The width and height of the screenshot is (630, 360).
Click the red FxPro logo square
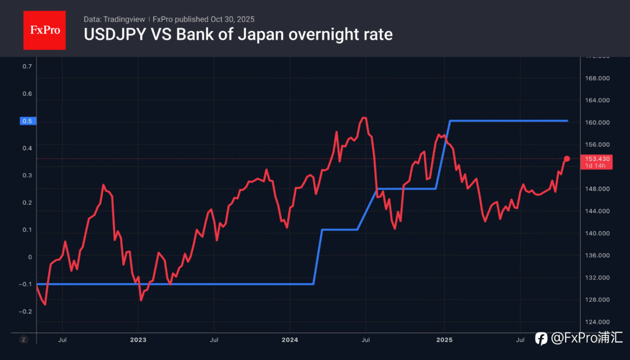(44, 30)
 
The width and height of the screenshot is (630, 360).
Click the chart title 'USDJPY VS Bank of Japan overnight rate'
(238, 35)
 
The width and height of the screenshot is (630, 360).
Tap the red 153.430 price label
(597, 159)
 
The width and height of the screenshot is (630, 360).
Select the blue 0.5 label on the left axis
(28, 121)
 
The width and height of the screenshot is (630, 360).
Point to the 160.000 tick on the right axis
(597, 122)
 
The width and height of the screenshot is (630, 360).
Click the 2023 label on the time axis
(138, 339)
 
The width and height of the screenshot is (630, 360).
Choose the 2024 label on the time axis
(290, 339)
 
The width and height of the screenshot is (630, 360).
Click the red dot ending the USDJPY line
(567, 158)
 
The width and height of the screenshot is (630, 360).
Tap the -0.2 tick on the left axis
(26, 311)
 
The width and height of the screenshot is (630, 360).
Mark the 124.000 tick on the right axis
(597, 322)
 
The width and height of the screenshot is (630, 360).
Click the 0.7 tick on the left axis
(28, 66)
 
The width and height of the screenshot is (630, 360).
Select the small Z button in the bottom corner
(23, 339)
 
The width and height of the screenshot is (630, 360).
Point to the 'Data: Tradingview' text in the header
(114, 19)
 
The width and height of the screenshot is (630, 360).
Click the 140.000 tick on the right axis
(597, 234)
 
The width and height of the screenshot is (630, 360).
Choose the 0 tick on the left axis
(30, 257)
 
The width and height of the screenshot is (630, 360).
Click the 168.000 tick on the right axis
(597, 78)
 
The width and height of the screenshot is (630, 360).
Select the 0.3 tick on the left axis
(28, 176)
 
